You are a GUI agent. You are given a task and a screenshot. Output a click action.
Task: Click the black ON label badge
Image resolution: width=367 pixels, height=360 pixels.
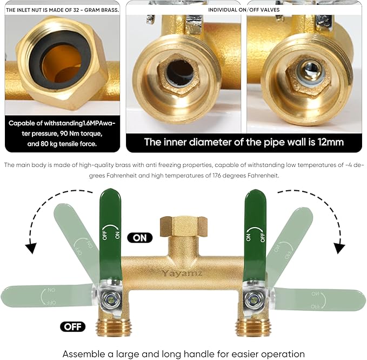[x=140, y=237]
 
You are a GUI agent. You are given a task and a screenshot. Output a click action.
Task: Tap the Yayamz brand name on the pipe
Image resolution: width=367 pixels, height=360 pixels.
[x=181, y=273]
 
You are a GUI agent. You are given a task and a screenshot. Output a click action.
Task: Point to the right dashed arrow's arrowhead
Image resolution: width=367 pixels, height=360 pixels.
[x=339, y=248]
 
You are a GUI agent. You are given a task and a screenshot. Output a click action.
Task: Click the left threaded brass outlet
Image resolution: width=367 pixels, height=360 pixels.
[x=113, y=327]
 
